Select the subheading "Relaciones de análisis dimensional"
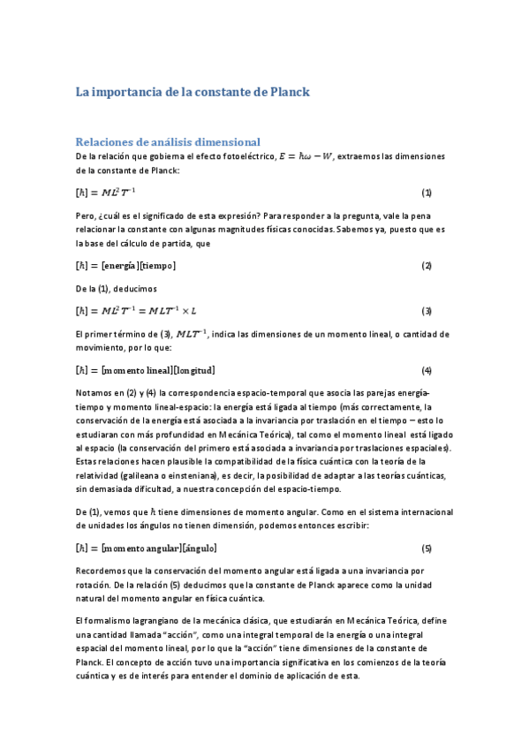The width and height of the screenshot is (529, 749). (x=168, y=141)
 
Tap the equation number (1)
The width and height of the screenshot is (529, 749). (x=426, y=193)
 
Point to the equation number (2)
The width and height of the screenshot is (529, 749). (x=426, y=266)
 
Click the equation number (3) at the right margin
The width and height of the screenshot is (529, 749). (x=426, y=311)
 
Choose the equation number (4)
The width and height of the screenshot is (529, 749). (x=426, y=370)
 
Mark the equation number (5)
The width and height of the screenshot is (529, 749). (x=426, y=548)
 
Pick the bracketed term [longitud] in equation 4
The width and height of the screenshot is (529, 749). (x=193, y=370)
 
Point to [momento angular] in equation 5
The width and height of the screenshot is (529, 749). (x=140, y=548)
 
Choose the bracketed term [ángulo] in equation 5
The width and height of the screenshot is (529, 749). (x=197, y=548)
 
